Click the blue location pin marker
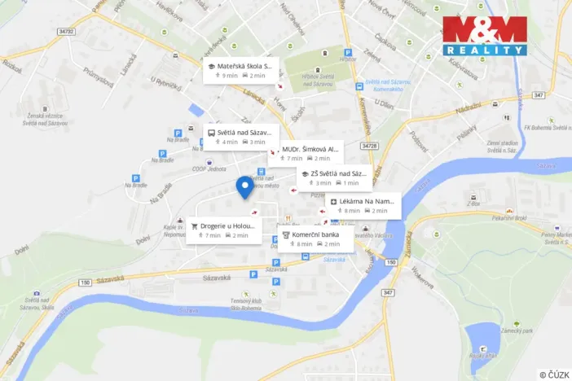244,186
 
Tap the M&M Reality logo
485,36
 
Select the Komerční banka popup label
317,239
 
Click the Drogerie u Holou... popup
224,230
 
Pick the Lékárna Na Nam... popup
364,205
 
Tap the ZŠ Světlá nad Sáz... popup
335,178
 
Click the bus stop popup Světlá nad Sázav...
241,136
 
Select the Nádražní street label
468,108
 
